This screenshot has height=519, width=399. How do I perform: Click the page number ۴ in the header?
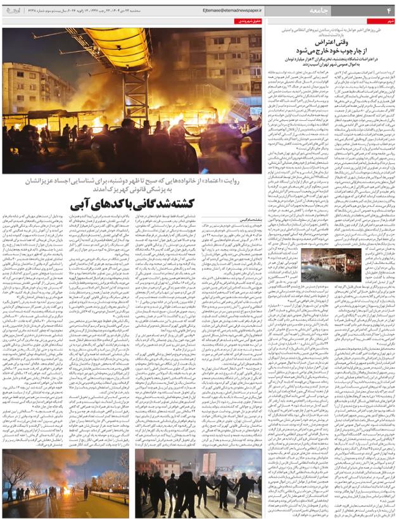click(x=389, y=11)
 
